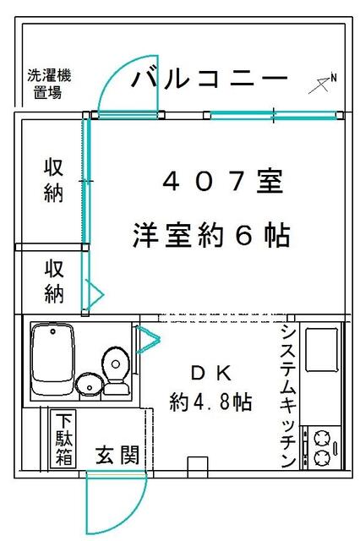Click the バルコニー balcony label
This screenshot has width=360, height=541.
[x=210, y=79]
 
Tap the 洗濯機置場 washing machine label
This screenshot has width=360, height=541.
[x=49, y=85]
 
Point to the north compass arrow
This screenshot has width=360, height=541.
[x=323, y=84]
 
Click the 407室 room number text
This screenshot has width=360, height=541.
[x=222, y=182]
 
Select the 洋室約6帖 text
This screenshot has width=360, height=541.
[x=211, y=236]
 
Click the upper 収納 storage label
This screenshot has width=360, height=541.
[x=53, y=180]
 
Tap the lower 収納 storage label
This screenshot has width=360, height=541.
[x=54, y=281]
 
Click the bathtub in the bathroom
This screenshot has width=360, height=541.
[x=52, y=358]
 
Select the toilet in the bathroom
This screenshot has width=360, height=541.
[x=117, y=371]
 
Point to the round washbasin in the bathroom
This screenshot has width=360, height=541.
[x=90, y=385]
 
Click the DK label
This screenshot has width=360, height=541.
[x=211, y=374]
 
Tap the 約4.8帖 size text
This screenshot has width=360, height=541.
[x=210, y=402]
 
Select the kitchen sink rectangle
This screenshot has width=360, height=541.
[x=322, y=349]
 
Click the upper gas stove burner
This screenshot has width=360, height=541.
[x=323, y=439]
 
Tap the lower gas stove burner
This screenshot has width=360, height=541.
[x=323, y=458]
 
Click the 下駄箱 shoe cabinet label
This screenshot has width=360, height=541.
[x=63, y=439]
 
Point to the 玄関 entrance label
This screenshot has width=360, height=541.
[x=117, y=455]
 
